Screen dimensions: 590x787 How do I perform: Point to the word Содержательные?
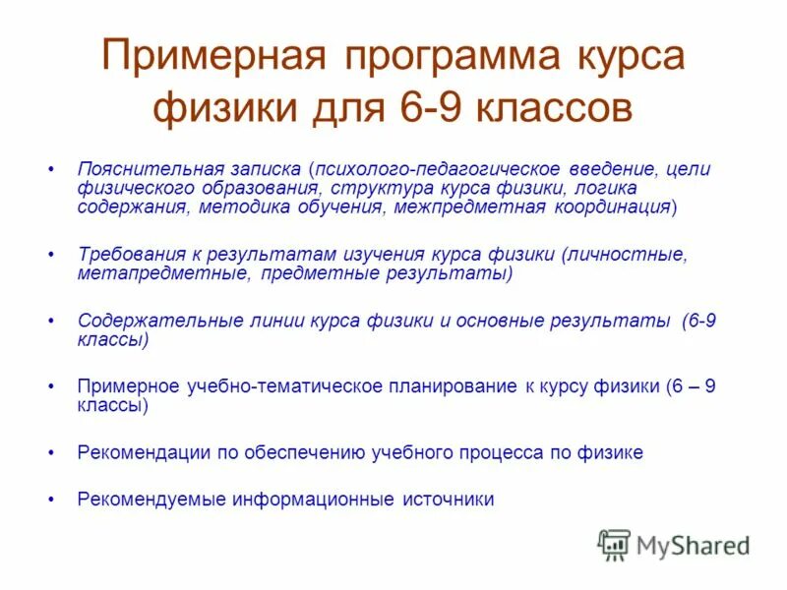[x=144, y=321]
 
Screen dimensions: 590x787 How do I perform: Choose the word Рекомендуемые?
[x=151, y=500]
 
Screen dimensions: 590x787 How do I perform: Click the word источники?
[x=448, y=500]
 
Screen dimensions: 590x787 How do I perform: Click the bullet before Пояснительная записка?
[x=50, y=169]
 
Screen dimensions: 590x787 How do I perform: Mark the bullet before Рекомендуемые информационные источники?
[x=50, y=500]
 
